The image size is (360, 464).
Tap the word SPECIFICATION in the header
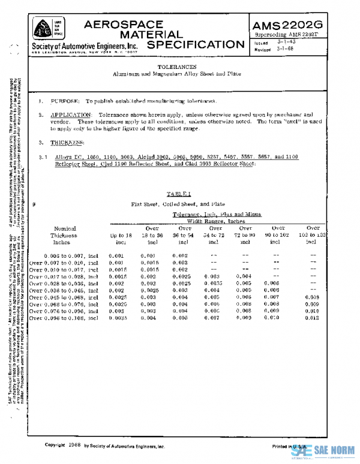pyautogui.click(x=191, y=45)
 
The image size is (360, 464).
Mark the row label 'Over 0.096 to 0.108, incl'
pyautogui.click(x=64, y=318)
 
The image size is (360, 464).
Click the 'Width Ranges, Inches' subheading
pyautogui.click(x=208, y=220)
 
